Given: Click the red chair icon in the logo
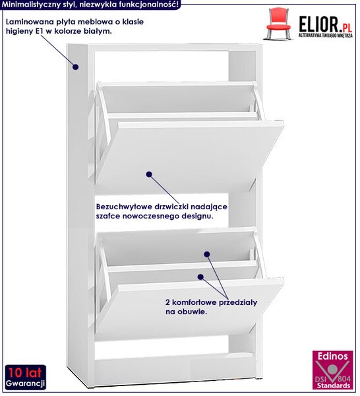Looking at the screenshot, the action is point(278,23).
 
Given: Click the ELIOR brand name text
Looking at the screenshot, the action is point(318,24).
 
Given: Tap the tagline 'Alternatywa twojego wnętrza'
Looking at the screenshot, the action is point(326,36).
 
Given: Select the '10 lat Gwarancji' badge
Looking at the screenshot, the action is point(26,377).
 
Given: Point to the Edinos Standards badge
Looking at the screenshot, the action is point(332,370).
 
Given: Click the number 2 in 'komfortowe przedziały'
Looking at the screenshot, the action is point(167,302).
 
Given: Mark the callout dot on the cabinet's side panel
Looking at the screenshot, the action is point(75,67).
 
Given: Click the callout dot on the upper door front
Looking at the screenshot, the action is point(149,174).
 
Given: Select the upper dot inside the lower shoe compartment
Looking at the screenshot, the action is point(207,254).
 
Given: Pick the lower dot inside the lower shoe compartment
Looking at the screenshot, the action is point(200,277).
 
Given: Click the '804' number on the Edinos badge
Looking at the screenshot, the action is point(344,379).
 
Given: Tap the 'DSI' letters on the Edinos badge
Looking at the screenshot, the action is point(322,379).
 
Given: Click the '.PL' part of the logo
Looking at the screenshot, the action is point(345,28).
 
